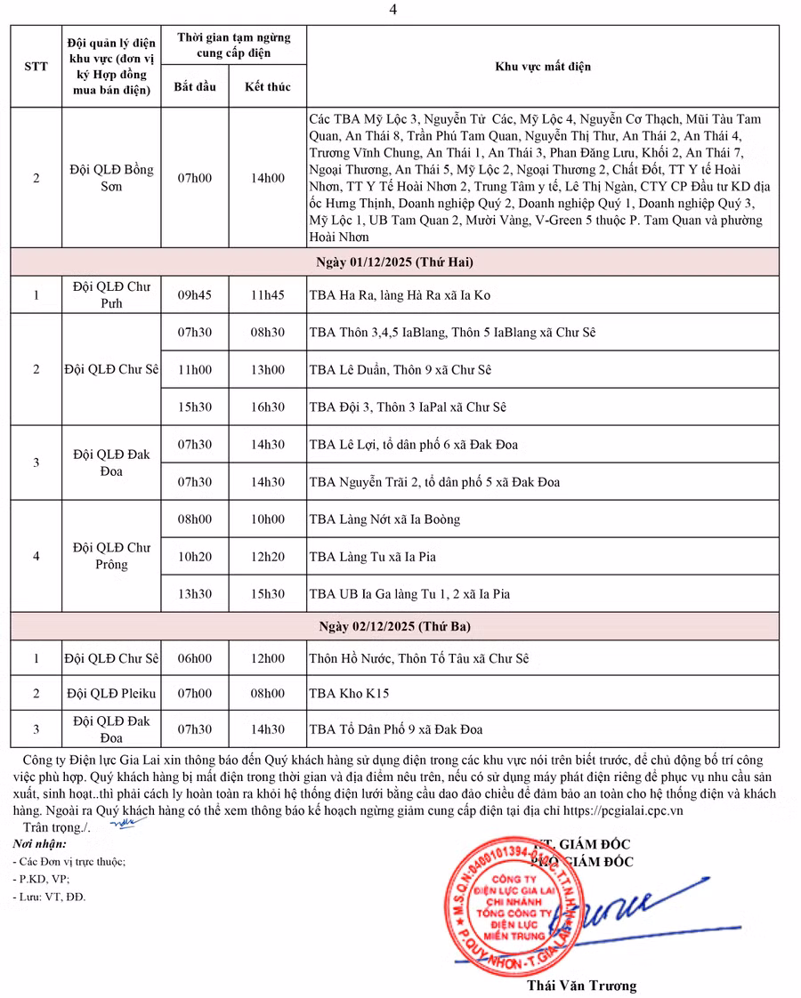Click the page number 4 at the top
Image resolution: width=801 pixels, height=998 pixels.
click(393, 10)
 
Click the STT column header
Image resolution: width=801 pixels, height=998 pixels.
click(36, 67)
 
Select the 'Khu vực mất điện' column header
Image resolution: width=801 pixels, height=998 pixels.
click(542, 67)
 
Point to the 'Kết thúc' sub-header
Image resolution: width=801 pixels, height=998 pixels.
click(267, 87)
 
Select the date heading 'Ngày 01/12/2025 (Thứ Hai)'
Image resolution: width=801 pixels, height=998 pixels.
click(395, 262)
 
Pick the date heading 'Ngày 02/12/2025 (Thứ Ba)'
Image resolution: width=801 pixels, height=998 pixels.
click(395, 626)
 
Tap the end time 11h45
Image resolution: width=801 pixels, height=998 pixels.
click(267, 295)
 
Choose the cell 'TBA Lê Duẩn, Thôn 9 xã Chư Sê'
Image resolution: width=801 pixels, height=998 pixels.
click(400, 370)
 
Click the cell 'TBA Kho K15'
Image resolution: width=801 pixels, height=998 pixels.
click(349, 694)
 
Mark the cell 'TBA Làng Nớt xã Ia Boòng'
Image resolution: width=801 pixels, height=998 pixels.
click(384, 519)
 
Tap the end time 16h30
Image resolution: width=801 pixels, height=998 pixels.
click(267, 407)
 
